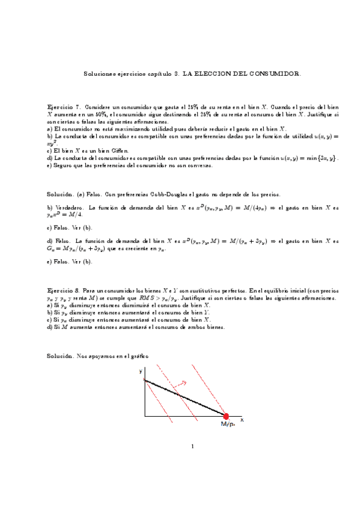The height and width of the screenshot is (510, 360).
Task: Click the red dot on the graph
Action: pyautogui.click(x=227, y=416)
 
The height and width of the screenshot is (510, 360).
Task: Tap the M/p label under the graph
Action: pyautogui.click(x=228, y=425)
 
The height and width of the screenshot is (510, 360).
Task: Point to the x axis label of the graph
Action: pyautogui.click(x=242, y=419)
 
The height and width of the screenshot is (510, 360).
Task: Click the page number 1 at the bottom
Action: pyautogui.click(x=192, y=446)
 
